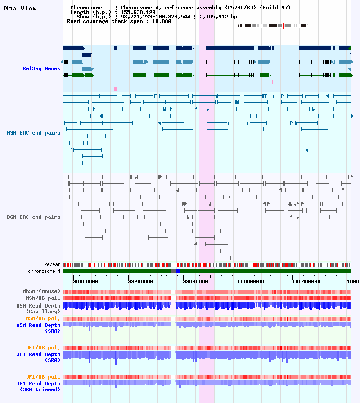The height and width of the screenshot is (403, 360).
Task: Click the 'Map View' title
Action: [x=20, y=8]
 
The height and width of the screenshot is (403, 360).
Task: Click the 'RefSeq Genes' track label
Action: [x=41, y=68]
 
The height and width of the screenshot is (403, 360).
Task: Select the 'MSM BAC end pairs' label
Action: [x=34, y=133]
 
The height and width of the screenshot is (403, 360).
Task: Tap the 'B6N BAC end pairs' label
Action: [x=34, y=217]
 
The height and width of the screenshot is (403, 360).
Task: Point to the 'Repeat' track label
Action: [x=52, y=264]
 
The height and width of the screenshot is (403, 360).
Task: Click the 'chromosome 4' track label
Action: [x=44, y=271]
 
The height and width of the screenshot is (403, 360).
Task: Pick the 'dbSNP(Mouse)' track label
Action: [x=41, y=291]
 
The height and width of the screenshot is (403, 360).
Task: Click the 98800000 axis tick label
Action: [x=85, y=281]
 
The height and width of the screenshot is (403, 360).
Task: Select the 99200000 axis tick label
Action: [x=140, y=281]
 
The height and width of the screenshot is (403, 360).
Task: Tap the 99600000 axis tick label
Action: [x=195, y=281]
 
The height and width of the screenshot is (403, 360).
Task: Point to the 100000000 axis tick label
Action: [x=252, y=281]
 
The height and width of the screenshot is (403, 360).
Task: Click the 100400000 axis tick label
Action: [x=306, y=281]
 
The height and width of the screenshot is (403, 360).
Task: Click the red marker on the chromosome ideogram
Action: [x=283, y=26]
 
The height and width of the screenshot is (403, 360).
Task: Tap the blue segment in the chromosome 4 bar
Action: [x=178, y=272]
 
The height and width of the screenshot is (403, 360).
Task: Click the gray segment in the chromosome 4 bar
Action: [x=173, y=272]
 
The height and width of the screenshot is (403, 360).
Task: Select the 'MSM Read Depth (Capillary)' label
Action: [x=38, y=308]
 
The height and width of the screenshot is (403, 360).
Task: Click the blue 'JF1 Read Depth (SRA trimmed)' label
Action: [x=38, y=386]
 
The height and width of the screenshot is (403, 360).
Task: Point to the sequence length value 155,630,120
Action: [x=138, y=12]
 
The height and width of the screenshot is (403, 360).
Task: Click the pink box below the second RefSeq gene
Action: [x=115, y=89]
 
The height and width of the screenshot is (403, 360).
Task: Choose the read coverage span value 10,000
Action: [x=162, y=21]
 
